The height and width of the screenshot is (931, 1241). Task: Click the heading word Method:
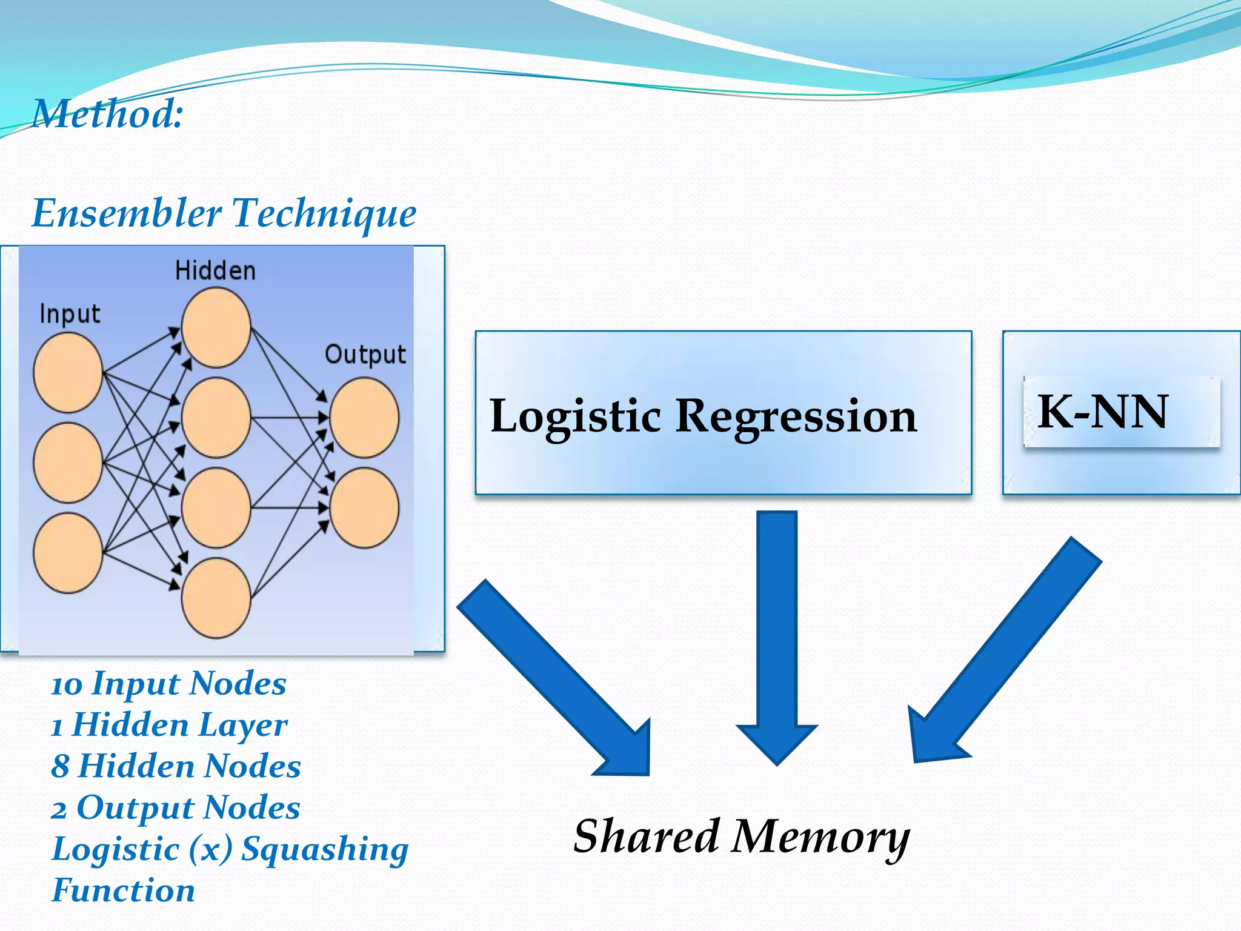[x=108, y=114]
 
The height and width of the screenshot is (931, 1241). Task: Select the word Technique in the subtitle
[x=324, y=213]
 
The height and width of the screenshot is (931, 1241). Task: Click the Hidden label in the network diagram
[x=215, y=270]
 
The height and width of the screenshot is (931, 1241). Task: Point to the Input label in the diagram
[x=70, y=314]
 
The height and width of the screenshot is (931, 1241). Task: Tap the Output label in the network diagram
[x=365, y=355]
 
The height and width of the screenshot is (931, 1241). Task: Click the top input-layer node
[x=68, y=373]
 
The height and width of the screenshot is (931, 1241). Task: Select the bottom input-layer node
[x=68, y=553]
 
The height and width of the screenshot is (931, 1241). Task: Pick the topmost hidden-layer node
[x=216, y=328]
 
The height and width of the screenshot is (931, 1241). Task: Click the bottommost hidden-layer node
[x=216, y=598]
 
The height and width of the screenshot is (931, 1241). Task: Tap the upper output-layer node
[x=364, y=418]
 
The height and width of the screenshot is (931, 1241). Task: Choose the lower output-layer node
[x=364, y=508]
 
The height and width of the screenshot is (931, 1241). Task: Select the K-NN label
[x=1102, y=412]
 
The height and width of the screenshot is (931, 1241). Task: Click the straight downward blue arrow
[x=777, y=636]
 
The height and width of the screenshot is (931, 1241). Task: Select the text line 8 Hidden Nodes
[x=176, y=766]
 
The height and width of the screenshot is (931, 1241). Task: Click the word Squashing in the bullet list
[x=325, y=849]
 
